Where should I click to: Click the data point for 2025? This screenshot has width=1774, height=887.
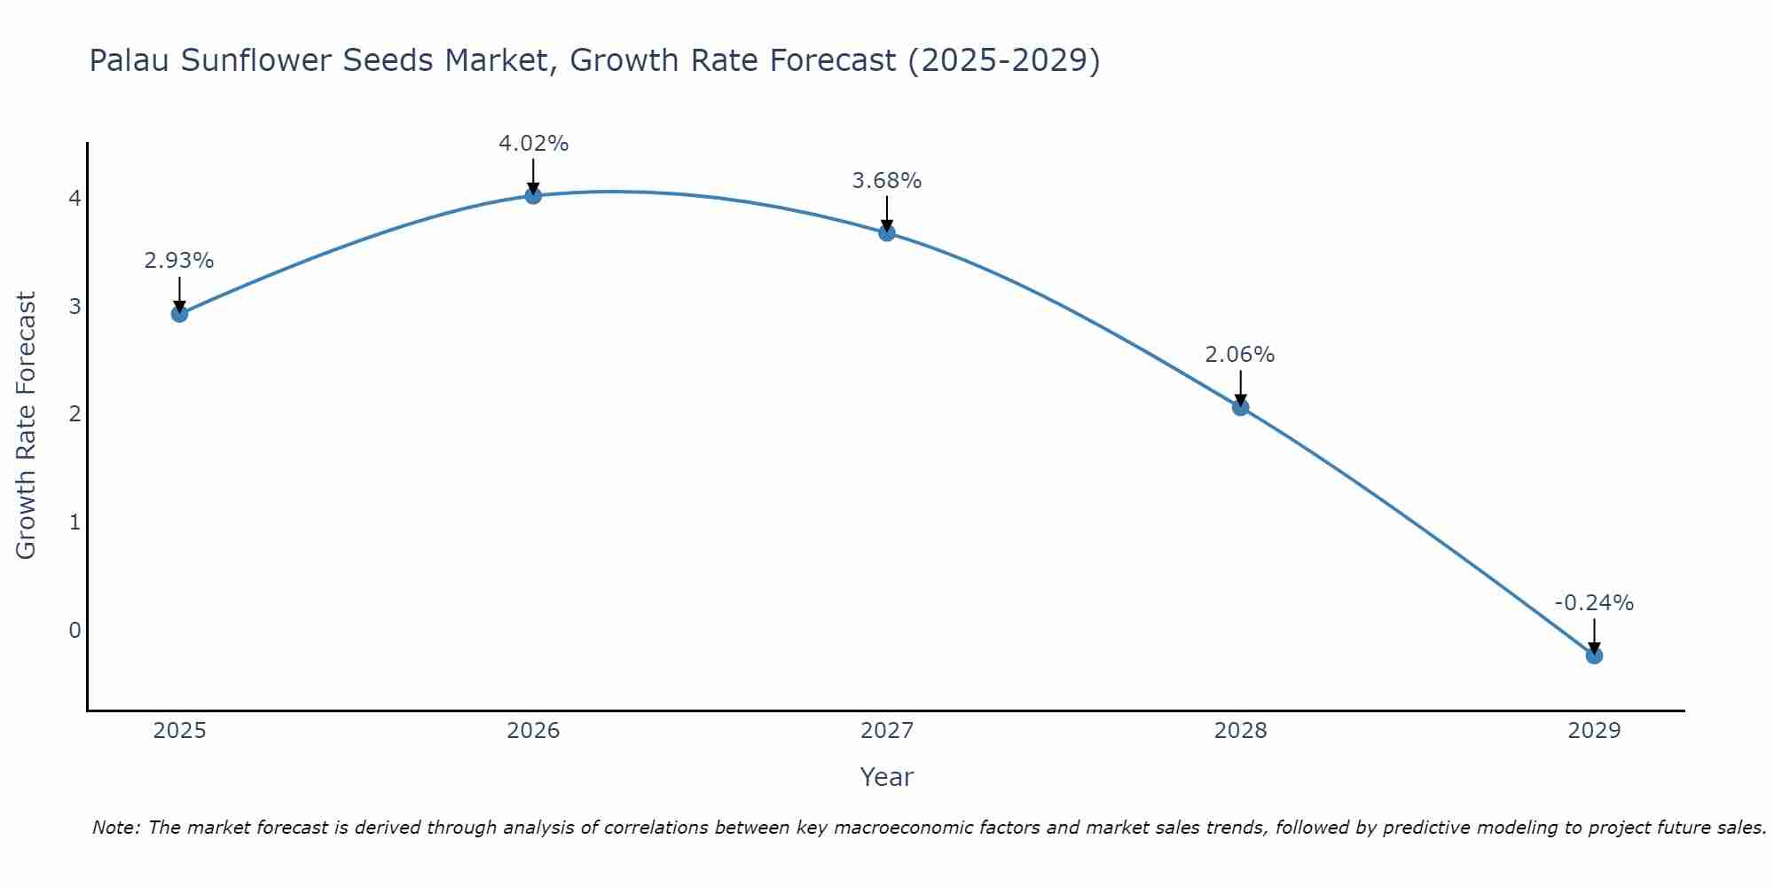click(179, 313)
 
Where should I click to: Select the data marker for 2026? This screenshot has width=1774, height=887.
click(533, 195)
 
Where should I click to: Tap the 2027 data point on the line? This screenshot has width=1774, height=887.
click(887, 232)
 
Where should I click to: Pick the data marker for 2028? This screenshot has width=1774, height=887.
click(1240, 407)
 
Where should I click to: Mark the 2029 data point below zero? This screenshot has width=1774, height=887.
click(1594, 655)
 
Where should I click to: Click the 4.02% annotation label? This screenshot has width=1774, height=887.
click(533, 144)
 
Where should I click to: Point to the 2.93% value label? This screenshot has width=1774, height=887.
click(179, 261)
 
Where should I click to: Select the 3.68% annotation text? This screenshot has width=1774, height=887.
click(887, 181)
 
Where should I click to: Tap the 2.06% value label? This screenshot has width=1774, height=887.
click(1240, 355)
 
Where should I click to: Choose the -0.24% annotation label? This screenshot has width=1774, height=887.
click(1594, 603)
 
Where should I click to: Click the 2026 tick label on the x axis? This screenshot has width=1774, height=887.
click(533, 731)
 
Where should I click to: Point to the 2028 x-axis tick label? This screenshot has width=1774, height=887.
click(1240, 731)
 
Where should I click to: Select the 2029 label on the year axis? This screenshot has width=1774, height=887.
click(1594, 731)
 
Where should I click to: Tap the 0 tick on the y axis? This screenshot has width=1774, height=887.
click(75, 631)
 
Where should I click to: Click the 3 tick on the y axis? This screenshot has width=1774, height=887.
click(75, 307)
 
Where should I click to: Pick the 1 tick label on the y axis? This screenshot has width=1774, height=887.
click(75, 522)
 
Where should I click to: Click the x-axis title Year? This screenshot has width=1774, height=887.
click(887, 777)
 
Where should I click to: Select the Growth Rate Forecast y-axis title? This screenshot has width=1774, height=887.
click(27, 426)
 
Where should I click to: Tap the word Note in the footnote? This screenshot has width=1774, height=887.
click(115, 828)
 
